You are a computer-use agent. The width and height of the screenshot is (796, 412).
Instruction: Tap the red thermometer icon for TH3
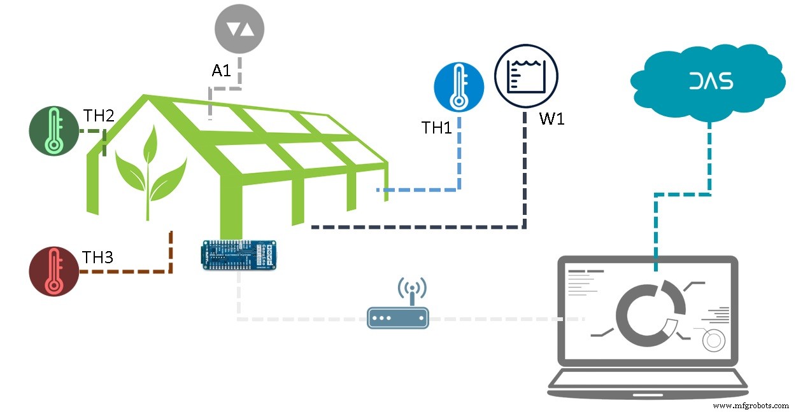point(53,271)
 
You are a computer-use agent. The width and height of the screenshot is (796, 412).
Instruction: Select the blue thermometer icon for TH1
point(458,88)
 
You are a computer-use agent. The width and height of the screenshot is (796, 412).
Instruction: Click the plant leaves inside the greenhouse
point(150,168)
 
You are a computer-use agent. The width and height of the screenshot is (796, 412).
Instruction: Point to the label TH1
point(437,128)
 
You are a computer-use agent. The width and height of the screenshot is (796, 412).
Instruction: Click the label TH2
point(99,116)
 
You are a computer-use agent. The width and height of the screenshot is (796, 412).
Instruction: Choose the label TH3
point(97,257)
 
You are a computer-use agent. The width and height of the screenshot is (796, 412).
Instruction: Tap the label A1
point(221,71)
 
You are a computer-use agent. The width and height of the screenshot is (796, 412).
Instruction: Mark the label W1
point(551,119)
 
